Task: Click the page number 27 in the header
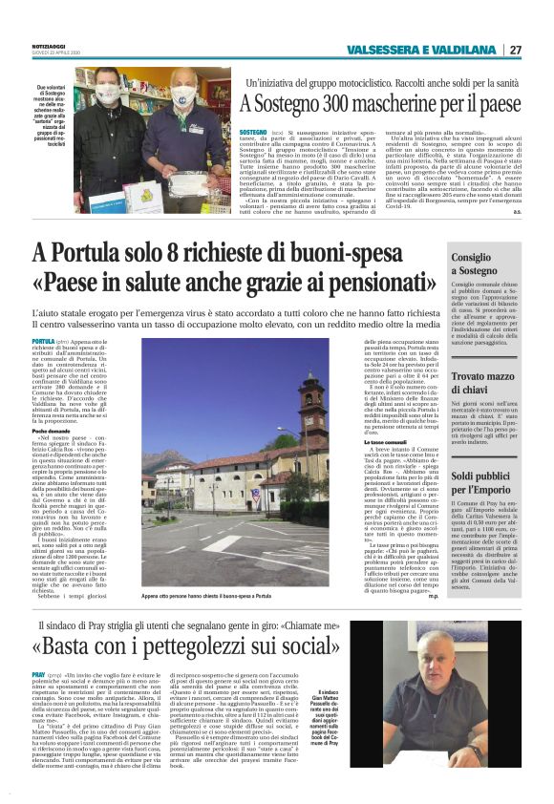[515, 50]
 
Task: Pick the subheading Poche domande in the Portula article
[53, 431]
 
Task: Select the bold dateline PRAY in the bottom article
[41, 673]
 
